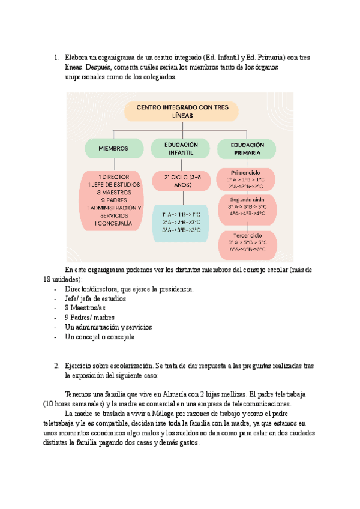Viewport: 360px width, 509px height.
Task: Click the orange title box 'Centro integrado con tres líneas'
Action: pos(181,112)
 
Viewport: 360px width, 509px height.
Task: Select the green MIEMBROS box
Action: pos(113,148)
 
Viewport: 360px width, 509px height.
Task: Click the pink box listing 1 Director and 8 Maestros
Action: pos(113,200)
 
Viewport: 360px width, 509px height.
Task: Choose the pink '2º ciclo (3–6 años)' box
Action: pos(181,181)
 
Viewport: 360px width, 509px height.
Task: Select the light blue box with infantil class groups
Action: pos(181,222)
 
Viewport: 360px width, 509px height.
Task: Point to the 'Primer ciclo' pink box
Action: pos(247,179)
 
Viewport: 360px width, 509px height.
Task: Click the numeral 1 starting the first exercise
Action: pos(56,58)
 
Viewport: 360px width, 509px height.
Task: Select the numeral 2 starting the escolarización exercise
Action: pos(56,366)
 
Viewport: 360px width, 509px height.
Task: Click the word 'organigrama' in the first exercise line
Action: pos(112,58)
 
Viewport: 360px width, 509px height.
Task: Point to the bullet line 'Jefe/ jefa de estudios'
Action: pos(95,298)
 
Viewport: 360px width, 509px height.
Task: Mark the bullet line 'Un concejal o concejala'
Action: pos(100,337)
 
